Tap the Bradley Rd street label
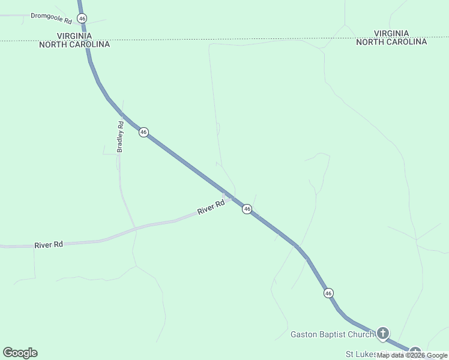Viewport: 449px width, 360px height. coord(120,137)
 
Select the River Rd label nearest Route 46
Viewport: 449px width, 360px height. coord(211,208)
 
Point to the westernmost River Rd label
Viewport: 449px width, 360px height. coord(49,245)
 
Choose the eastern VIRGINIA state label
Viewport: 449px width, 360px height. coord(391,34)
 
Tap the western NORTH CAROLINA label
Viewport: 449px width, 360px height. coord(75,44)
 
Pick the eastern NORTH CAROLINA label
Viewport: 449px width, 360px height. coord(391,42)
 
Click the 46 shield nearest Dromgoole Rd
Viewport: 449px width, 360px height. coord(82,19)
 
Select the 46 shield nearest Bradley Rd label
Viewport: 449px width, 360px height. coord(143,132)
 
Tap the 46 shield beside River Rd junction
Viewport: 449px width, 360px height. coord(247,209)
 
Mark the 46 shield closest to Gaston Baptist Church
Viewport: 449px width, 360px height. coord(328,293)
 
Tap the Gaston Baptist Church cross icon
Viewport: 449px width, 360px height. coord(382,333)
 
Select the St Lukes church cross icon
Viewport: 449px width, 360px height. coord(415,353)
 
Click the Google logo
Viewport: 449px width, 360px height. coord(20,353)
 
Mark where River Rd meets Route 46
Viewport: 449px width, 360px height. coord(229,196)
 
